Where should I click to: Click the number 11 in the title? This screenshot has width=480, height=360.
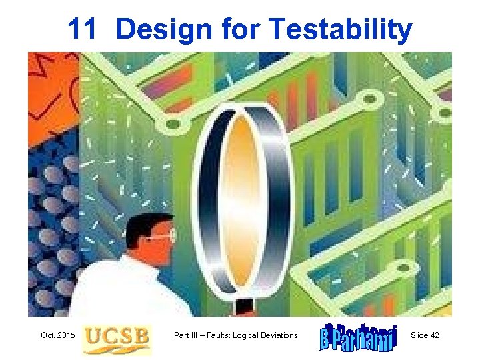tap(83, 30)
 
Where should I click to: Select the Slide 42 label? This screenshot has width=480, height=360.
tap(425, 335)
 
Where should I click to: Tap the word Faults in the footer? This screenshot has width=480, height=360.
tap(228, 335)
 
